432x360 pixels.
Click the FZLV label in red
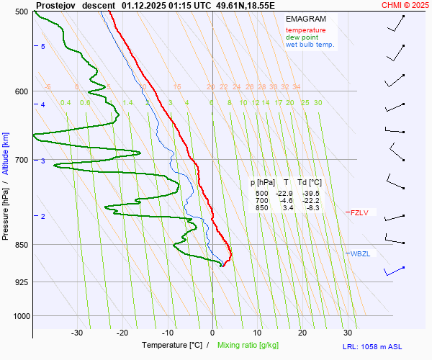tap(359, 212)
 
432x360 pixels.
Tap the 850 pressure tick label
tap(20, 245)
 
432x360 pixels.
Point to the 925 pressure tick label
tap(20, 282)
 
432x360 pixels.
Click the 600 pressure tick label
tap(20, 91)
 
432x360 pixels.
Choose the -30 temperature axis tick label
tap(77, 333)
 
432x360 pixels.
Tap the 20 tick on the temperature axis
tap(302, 333)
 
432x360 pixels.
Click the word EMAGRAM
tap(305, 18)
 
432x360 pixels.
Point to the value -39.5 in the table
tap(312, 194)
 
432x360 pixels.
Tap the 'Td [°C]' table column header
tap(311, 183)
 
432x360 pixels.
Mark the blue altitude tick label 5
tap(43, 47)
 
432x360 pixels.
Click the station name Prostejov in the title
tap(55, 5)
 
